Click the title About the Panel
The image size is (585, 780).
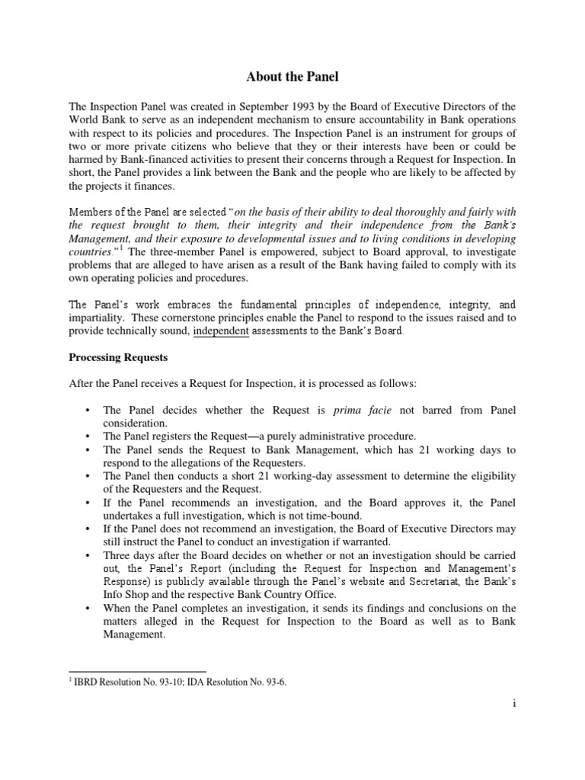pyautogui.click(x=292, y=77)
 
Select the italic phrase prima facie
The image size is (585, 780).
pyautogui.click(x=363, y=410)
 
